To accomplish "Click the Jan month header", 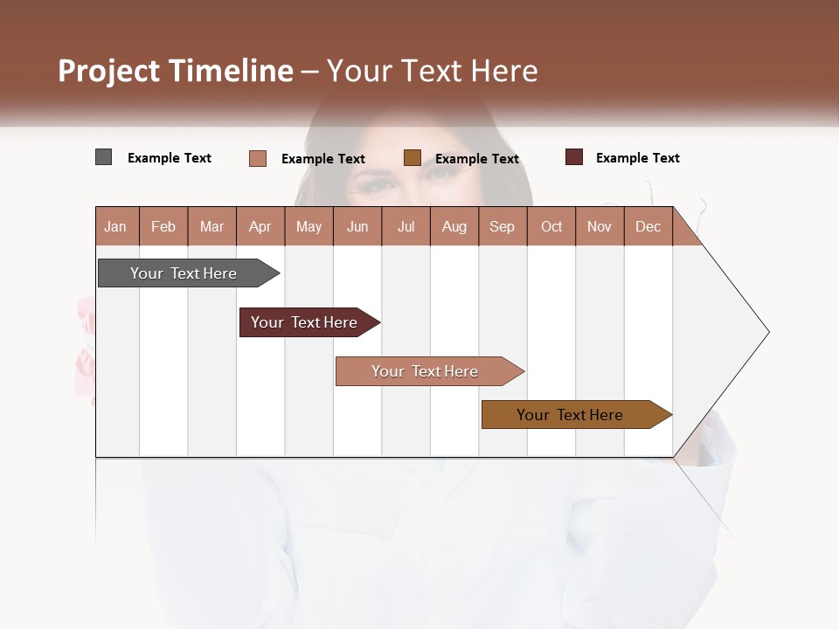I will tap(116, 226).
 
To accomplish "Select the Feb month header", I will tap(163, 226).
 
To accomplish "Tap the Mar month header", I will tap(211, 226).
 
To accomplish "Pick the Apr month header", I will tap(260, 226).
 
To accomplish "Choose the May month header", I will tap(309, 226).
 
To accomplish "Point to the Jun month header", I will tap(357, 226).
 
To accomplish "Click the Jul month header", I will tap(406, 226).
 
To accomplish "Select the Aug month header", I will tap(454, 226).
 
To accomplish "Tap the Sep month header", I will tap(503, 226).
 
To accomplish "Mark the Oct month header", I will tap(551, 226).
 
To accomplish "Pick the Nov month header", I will tap(600, 226).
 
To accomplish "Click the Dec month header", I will tap(648, 226).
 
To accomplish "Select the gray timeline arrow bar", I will tap(184, 273).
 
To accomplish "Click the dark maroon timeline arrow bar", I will tap(305, 322).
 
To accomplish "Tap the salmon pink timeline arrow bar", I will tap(426, 371).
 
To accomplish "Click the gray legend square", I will tap(104, 157).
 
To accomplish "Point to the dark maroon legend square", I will tap(574, 157).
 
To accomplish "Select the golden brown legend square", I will tap(413, 157).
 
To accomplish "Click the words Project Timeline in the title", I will tap(176, 71).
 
